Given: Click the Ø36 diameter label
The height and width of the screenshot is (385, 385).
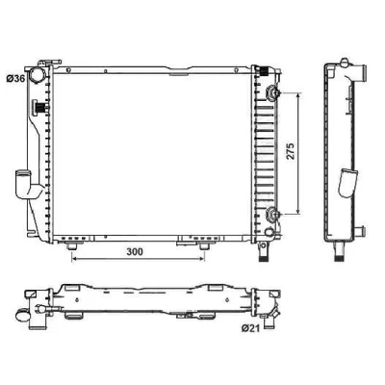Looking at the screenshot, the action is point(15,78).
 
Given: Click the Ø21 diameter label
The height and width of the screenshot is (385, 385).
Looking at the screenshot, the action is point(250,328).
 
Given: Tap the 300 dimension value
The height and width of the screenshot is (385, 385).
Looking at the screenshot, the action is point(135,252).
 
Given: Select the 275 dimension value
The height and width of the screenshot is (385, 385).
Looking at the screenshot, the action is point(290,151).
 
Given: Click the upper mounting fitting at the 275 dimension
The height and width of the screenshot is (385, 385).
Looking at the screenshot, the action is point(273,93).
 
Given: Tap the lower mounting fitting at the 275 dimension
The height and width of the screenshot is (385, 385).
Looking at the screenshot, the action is point(273,214).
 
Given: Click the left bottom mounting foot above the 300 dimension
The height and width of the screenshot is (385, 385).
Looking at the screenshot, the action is point(71,246).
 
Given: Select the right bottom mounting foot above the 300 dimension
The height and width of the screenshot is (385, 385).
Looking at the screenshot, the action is point(204,246).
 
